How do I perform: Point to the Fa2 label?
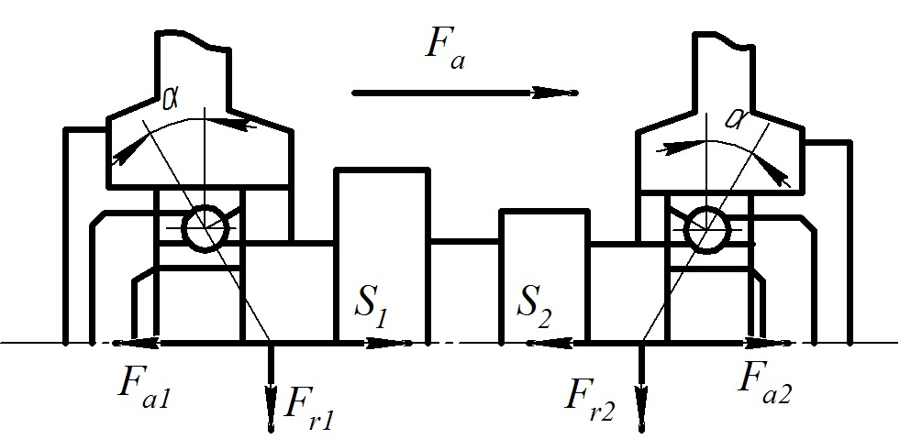pos(764,383)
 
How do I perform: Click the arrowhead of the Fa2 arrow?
pos(776,344)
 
